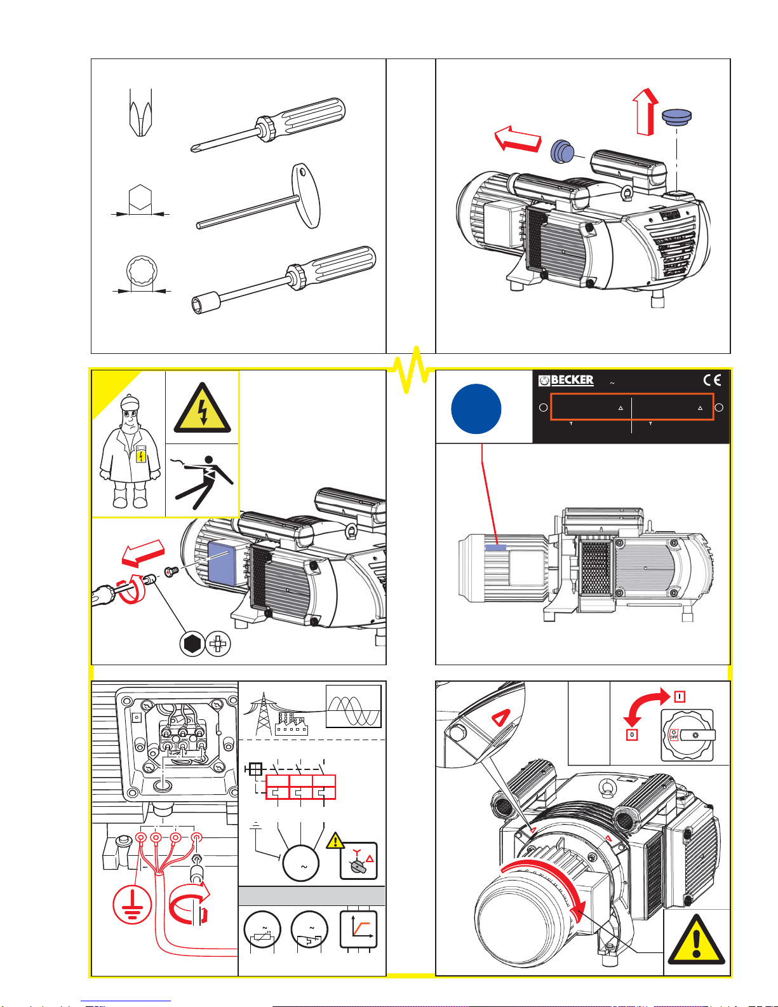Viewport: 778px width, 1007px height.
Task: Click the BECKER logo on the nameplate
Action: click(x=567, y=380)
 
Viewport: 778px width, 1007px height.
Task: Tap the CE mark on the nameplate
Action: click(x=712, y=380)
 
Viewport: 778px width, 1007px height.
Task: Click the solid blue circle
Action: click(x=476, y=409)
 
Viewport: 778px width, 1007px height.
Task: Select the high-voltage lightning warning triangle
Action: click(x=203, y=409)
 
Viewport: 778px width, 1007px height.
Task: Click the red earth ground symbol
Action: click(x=132, y=905)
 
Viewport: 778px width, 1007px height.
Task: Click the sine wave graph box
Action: click(x=354, y=706)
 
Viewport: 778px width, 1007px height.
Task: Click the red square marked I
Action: click(x=680, y=696)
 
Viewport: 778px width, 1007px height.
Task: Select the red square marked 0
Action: click(x=632, y=734)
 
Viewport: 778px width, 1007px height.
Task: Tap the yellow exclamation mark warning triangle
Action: click(x=697, y=941)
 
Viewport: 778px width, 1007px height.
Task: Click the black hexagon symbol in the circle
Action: click(x=191, y=644)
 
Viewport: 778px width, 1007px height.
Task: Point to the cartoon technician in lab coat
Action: click(x=129, y=452)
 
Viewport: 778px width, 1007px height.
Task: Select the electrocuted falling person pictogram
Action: click(x=202, y=481)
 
